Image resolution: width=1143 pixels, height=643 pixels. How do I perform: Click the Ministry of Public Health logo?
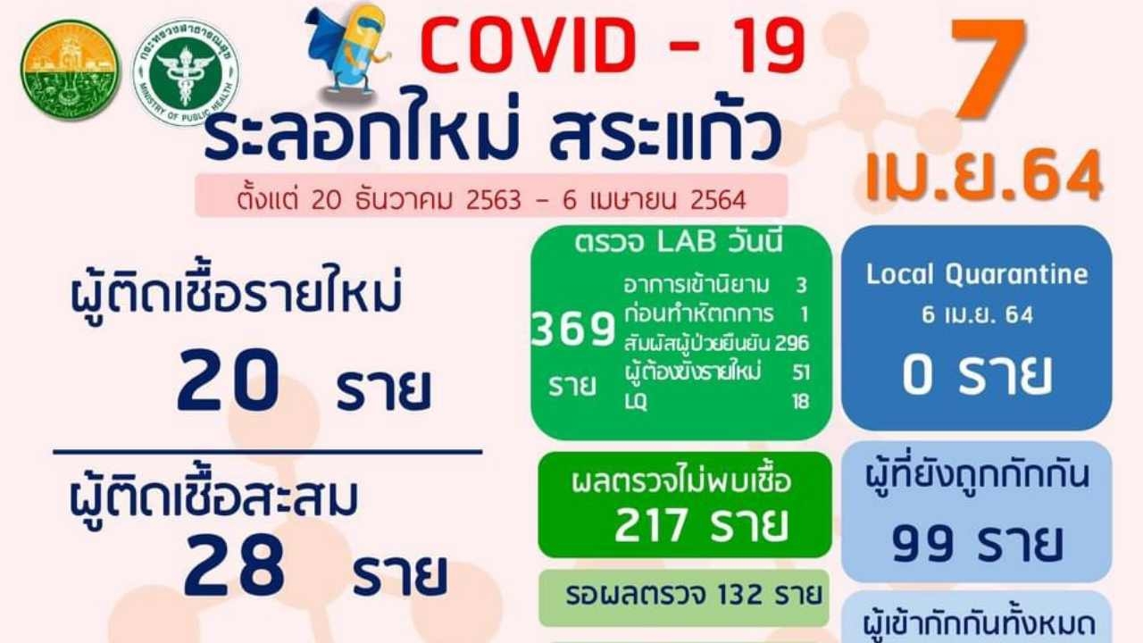[x=186, y=72]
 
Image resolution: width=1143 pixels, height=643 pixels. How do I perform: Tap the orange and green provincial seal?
[x=71, y=70]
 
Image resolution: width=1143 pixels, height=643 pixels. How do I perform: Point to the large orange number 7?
[x=988, y=68]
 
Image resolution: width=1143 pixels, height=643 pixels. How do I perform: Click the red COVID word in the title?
[x=529, y=45]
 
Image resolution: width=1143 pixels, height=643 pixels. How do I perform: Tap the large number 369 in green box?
[x=573, y=330]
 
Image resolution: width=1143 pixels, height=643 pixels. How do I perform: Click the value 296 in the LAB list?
[x=792, y=344]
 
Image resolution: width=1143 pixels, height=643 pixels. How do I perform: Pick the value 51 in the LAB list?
[x=801, y=372]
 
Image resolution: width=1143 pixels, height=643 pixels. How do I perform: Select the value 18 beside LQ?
[x=801, y=402]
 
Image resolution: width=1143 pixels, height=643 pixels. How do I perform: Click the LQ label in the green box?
[x=636, y=402]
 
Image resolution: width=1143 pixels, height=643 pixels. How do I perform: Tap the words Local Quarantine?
[x=977, y=274]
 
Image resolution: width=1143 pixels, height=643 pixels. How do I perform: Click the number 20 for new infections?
[x=228, y=380]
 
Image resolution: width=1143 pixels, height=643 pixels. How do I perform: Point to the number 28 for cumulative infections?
[x=234, y=565]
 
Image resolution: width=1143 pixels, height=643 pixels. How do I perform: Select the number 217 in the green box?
[x=651, y=525]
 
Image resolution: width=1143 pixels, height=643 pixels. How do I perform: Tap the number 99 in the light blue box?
[x=922, y=544]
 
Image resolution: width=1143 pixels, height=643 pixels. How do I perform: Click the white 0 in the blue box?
[x=917, y=376]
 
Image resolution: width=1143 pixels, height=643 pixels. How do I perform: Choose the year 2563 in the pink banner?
[x=494, y=199]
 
